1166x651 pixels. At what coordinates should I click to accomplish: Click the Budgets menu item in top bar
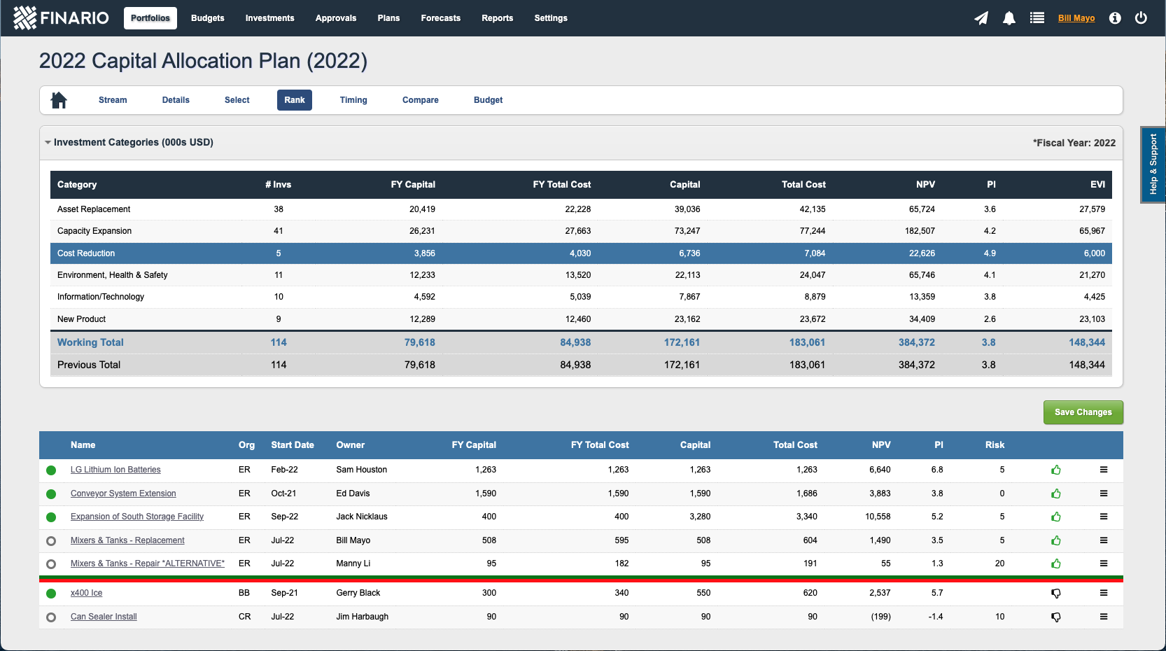coord(207,18)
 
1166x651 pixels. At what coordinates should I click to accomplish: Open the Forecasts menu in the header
coord(440,18)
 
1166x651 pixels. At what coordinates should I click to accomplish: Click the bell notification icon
coord(1009,18)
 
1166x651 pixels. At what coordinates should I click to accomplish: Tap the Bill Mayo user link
coord(1076,18)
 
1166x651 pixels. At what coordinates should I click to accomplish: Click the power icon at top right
coord(1141,18)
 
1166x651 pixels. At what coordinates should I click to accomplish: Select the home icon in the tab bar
coord(59,100)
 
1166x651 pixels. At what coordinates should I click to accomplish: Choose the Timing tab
coord(353,100)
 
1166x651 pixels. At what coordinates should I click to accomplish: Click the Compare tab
coord(420,100)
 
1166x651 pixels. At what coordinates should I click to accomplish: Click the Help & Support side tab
coord(1153,164)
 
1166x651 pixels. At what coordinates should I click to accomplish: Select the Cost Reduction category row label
coord(86,253)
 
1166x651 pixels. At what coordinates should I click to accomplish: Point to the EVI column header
coord(1097,185)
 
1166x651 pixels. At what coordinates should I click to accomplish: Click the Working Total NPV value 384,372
coord(916,342)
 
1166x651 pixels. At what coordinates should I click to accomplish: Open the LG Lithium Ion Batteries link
coord(115,470)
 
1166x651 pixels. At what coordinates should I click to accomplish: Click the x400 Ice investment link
coord(86,593)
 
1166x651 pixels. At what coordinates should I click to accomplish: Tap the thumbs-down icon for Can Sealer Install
coord(1055,617)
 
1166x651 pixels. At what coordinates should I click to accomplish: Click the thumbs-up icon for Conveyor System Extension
coord(1055,493)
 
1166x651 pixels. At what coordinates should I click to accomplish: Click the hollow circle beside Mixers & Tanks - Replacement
coord(51,540)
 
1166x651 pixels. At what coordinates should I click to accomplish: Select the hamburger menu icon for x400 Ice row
coord(1103,593)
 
